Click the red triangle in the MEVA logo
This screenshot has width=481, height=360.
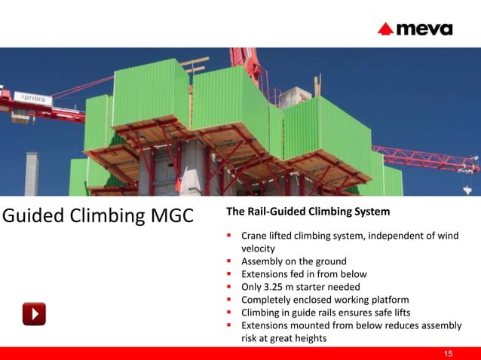point(386,29)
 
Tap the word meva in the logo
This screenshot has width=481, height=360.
point(424,29)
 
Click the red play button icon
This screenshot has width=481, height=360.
point(34,313)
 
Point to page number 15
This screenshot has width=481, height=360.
point(449,353)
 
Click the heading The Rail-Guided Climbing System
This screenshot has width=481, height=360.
point(308,212)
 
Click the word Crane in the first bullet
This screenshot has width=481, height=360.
point(255,236)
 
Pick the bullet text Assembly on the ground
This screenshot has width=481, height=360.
point(293,261)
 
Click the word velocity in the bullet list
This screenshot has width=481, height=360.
point(259,248)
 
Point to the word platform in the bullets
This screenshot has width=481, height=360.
point(391,300)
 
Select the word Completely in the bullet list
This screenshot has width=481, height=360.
point(267,300)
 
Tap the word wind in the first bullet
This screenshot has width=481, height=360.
point(446,236)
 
